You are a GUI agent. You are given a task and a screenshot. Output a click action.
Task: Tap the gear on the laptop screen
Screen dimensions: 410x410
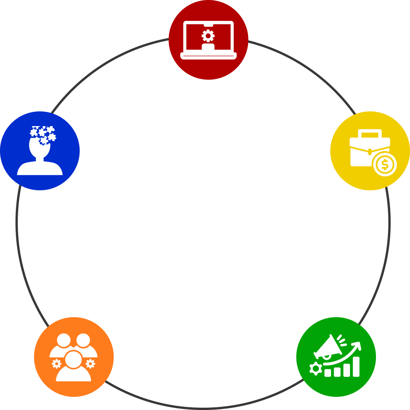pos(208,36)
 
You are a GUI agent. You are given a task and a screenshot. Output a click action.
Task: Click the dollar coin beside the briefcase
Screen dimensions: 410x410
pos(384,165)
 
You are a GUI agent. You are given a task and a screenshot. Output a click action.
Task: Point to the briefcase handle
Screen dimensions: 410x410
pos(370,133)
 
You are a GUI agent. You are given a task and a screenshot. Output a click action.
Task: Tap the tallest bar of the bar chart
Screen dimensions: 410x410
pos(356,367)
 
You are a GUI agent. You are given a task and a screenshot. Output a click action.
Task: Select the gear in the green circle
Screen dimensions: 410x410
pos(315,369)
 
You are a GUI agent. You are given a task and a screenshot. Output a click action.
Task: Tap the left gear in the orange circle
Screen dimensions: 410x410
pos(56,364)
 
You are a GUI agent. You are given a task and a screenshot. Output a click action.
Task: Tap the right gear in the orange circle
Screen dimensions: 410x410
pos(90,364)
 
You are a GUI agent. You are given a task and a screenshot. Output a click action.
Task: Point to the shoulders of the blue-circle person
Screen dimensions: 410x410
pos(40,168)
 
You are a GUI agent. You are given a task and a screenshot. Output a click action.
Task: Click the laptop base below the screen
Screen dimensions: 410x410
pos(208,56)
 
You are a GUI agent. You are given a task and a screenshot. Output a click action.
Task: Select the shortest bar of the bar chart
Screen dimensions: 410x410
pos(328,372)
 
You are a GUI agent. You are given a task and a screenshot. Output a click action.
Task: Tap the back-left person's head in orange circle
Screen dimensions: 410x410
pos(63,340)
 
